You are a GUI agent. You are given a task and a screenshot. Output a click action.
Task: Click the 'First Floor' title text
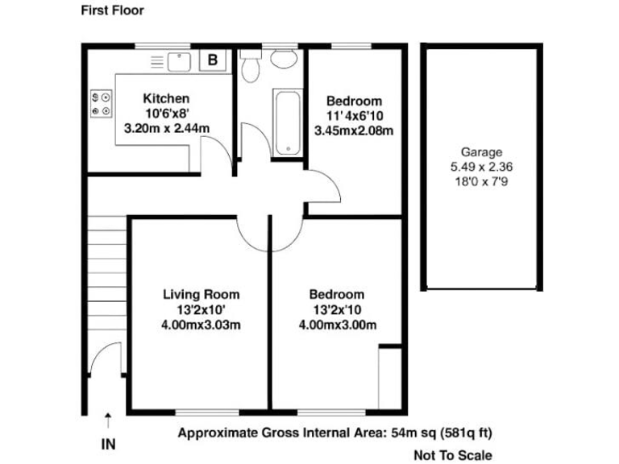coord(112,10)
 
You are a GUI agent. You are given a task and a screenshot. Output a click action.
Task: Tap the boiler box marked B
coord(213,59)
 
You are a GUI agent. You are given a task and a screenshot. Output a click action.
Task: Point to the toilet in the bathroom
coord(251,66)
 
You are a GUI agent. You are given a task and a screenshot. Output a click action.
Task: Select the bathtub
coord(286,122)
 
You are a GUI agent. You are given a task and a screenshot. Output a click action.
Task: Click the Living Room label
coord(201,294)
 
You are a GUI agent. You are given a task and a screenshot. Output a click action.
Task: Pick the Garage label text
coord(481,151)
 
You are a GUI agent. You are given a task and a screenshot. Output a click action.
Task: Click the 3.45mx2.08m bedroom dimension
coord(353,130)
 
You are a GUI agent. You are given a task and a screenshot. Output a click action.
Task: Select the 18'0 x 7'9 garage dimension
coord(481,182)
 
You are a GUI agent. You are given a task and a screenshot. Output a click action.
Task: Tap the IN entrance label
coord(107,443)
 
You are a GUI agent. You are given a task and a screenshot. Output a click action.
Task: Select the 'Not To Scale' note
coord(452,455)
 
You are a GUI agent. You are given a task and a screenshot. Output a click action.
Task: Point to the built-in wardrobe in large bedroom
coord(389,377)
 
